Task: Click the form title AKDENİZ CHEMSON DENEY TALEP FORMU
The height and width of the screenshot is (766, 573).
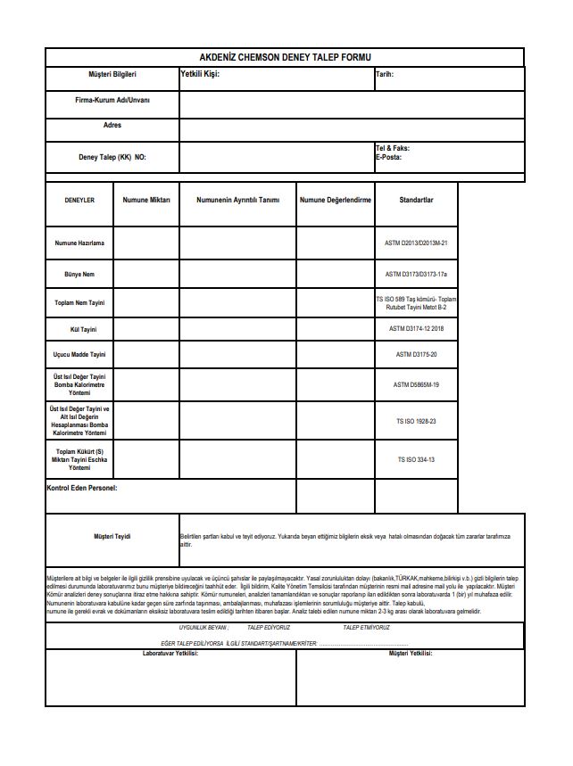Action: click(x=285, y=56)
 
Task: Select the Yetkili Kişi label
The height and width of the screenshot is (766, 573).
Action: click(x=200, y=74)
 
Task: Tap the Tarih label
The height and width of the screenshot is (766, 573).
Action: click(x=385, y=75)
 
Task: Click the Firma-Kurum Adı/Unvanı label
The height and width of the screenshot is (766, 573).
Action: click(x=112, y=101)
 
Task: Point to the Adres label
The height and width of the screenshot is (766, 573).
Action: click(x=112, y=126)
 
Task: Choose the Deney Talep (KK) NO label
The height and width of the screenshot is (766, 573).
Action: click(x=112, y=157)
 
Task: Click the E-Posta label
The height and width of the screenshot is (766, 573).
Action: click(x=389, y=157)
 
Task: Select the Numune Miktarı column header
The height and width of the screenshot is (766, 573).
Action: click(x=146, y=200)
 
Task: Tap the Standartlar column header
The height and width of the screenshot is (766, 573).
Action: click(x=416, y=200)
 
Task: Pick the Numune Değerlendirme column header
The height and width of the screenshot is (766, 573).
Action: click(x=336, y=200)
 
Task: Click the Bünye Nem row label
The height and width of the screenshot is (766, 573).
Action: click(x=79, y=274)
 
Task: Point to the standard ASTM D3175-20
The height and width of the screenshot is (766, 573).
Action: click(x=416, y=355)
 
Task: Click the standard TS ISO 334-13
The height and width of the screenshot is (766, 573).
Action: click(x=416, y=460)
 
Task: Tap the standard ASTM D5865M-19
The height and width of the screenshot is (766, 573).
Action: click(x=416, y=385)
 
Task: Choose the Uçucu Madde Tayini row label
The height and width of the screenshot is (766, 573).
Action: click(x=79, y=355)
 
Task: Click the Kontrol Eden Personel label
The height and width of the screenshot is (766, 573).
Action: click(x=81, y=489)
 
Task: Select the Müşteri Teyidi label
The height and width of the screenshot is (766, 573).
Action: click(x=112, y=536)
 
